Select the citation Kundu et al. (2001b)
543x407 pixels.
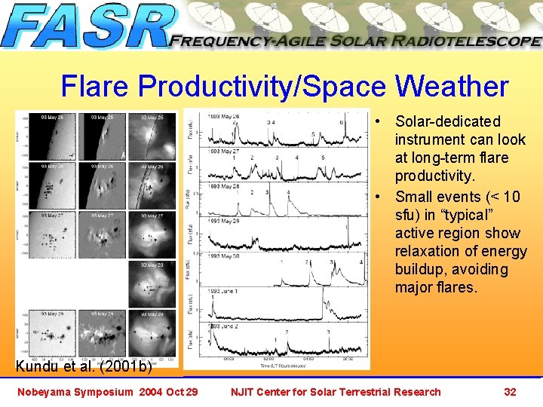84,368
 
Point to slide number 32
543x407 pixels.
510,391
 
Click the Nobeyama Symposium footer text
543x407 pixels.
107,391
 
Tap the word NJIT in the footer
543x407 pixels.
244,391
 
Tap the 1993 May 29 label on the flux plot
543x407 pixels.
223,222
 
